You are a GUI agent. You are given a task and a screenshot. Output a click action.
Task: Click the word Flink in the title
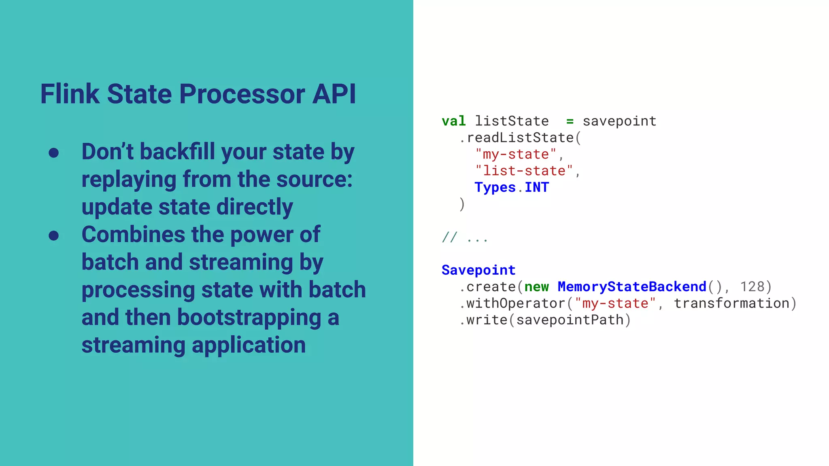click(x=70, y=94)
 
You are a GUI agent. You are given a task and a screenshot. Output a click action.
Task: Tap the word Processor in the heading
click(x=242, y=94)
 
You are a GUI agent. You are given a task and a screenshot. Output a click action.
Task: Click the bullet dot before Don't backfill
click(x=53, y=153)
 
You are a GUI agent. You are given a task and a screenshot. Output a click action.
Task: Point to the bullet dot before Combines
click(x=53, y=235)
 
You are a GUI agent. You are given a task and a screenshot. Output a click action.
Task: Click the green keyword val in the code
click(x=453, y=121)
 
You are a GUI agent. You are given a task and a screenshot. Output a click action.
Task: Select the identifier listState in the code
click(x=512, y=121)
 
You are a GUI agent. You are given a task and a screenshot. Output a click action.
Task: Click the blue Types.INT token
click(x=512, y=187)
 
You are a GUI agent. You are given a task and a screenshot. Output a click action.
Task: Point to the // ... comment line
click(x=465, y=237)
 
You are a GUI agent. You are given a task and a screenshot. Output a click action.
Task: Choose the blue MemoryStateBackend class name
click(x=631, y=286)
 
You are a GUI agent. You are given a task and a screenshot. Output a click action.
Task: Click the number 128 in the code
click(x=752, y=286)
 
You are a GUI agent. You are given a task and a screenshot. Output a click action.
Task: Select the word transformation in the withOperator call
click(x=731, y=303)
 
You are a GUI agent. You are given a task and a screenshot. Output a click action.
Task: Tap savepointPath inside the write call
click(x=570, y=320)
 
